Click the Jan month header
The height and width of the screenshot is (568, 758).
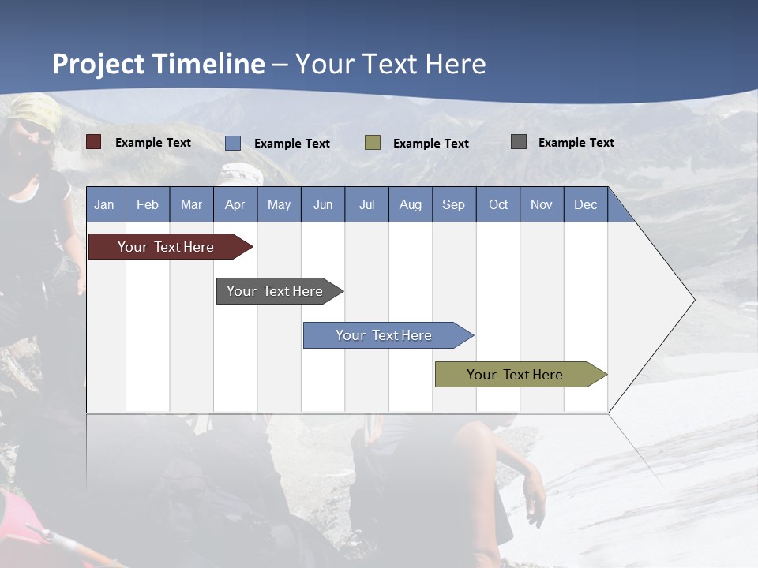(x=104, y=204)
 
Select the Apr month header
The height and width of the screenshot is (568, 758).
(x=235, y=204)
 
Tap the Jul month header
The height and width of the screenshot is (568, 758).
(x=366, y=204)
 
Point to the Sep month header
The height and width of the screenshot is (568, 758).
(x=453, y=204)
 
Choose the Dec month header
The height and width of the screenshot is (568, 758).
(x=585, y=204)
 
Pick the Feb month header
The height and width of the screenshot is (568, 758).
(x=148, y=204)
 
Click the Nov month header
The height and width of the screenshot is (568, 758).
(x=541, y=204)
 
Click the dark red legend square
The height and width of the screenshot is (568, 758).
(x=93, y=142)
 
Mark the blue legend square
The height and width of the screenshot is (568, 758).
(x=233, y=143)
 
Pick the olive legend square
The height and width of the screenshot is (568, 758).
(x=373, y=143)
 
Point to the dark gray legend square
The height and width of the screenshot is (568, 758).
(x=519, y=142)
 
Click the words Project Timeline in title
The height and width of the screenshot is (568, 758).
(x=159, y=64)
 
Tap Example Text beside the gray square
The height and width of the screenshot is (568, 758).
(x=576, y=143)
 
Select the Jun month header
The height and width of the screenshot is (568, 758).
(x=323, y=204)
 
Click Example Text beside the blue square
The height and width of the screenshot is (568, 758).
(x=291, y=144)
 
